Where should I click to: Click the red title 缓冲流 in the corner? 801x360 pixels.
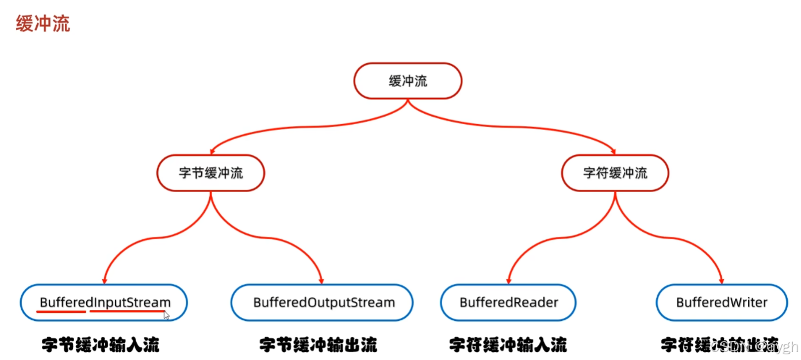[43, 24]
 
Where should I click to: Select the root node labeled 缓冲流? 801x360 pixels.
[408, 81]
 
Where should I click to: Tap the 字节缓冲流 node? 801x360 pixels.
[210, 173]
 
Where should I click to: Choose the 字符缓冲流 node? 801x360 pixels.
[615, 173]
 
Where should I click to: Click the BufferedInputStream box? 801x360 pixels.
[104, 302]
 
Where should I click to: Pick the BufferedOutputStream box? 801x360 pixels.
[322, 302]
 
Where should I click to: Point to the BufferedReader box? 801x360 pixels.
[508, 302]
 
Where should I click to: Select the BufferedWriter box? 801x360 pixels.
[722, 302]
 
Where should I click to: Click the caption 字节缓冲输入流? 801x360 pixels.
[101, 345]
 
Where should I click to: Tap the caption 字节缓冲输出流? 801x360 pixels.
[318, 345]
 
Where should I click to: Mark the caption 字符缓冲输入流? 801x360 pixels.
[508, 345]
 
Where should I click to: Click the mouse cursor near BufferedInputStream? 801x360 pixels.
[167, 315]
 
